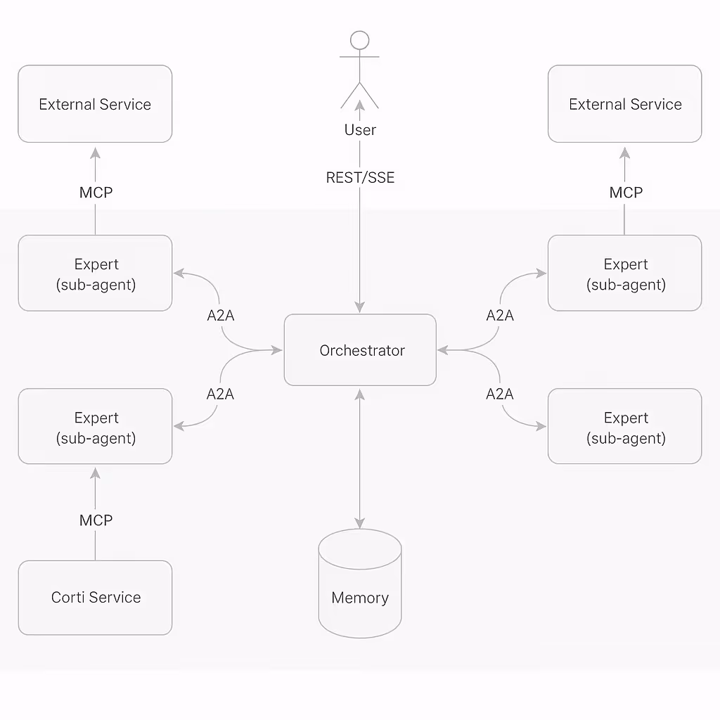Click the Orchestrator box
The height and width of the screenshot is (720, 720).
click(360, 350)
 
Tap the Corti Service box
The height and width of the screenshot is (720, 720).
click(95, 598)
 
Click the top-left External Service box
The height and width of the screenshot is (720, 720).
click(95, 104)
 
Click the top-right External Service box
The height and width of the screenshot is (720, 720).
click(624, 104)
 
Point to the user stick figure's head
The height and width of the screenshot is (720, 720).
click(360, 40)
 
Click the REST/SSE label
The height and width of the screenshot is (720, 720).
click(360, 178)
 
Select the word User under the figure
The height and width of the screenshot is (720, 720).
click(360, 130)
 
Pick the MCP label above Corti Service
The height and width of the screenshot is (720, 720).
click(96, 520)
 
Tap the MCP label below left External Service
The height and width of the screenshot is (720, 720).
click(96, 193)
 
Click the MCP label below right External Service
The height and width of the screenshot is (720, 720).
click(625, 193)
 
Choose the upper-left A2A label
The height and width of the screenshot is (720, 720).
click(221, 316)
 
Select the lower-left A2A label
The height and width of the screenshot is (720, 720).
click(220, 394)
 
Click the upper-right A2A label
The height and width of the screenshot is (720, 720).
click(500, 316)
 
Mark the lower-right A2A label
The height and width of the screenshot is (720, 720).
click(500, 394)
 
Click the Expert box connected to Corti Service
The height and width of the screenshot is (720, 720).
click(95, 427)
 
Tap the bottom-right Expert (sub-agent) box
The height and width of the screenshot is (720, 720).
click(624, 427)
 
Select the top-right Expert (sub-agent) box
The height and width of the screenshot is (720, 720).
click(624, 274)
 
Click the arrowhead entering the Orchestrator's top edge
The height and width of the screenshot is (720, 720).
click(360, 307)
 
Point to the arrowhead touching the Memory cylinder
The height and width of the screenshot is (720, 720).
click(360, 523)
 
